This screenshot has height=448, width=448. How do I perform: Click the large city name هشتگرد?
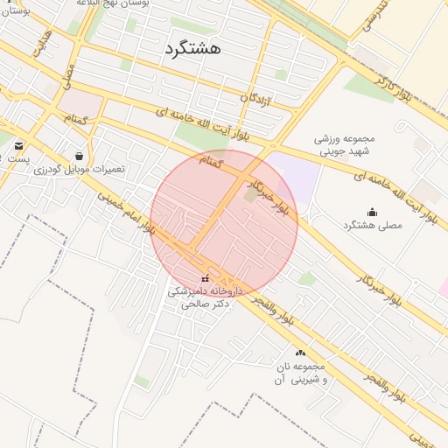click(192, 49)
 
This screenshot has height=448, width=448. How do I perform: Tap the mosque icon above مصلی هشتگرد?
click(372, 211)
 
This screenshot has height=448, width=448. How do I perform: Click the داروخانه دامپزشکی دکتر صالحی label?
click(205, 297)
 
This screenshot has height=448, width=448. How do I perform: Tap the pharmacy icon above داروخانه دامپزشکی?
click(205, 279)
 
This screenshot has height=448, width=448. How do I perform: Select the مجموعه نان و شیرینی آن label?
click(301, 372)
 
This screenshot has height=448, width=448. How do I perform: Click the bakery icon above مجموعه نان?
click(301, 353)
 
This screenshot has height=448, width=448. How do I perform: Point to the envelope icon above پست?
click(18, 145)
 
